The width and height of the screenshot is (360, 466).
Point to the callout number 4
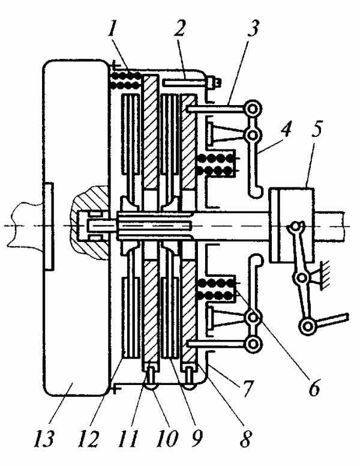pos(286,129)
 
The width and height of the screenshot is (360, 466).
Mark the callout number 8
pos(246,438)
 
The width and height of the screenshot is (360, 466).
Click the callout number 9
pos(197,438)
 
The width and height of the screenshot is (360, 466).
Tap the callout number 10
pos(167,438)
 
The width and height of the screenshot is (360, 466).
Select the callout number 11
pos(128,438)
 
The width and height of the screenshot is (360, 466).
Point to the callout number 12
pos(88,438)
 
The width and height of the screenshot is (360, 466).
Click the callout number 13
pos(44,438)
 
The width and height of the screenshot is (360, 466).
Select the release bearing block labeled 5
pos(292,225)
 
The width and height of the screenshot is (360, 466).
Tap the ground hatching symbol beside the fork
pos(322,276)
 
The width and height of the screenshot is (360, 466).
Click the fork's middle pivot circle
pos(302,278)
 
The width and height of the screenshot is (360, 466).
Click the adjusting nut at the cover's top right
pos(214,82)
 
